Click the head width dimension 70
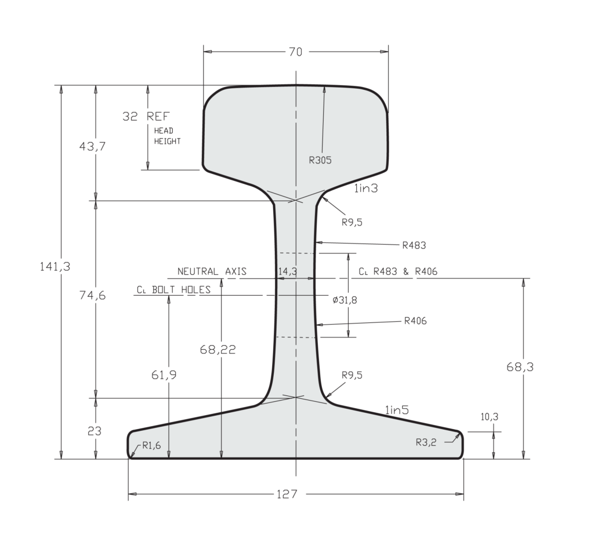click(x=295, y=52)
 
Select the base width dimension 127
click(x=287, y=494)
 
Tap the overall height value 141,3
click(x=55, y=266)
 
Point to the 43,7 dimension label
click(x=92, y=147)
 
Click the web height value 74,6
click(x=92, y=295)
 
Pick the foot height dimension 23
click(x=95, y=431)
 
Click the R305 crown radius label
click(x=320, y=161)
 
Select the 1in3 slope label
click(x=366, y=188)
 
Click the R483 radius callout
click(x=414, y=245)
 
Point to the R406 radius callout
click(x=415, y=321)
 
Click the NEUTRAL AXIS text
click(x=212, y=271)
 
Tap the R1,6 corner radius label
click(x=146, y=446)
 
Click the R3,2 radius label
click(x=426, y=442)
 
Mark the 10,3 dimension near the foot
click(x=490, y=416)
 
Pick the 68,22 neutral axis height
click(x=218, y=350)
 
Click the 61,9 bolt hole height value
click(x=164, y=375)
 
